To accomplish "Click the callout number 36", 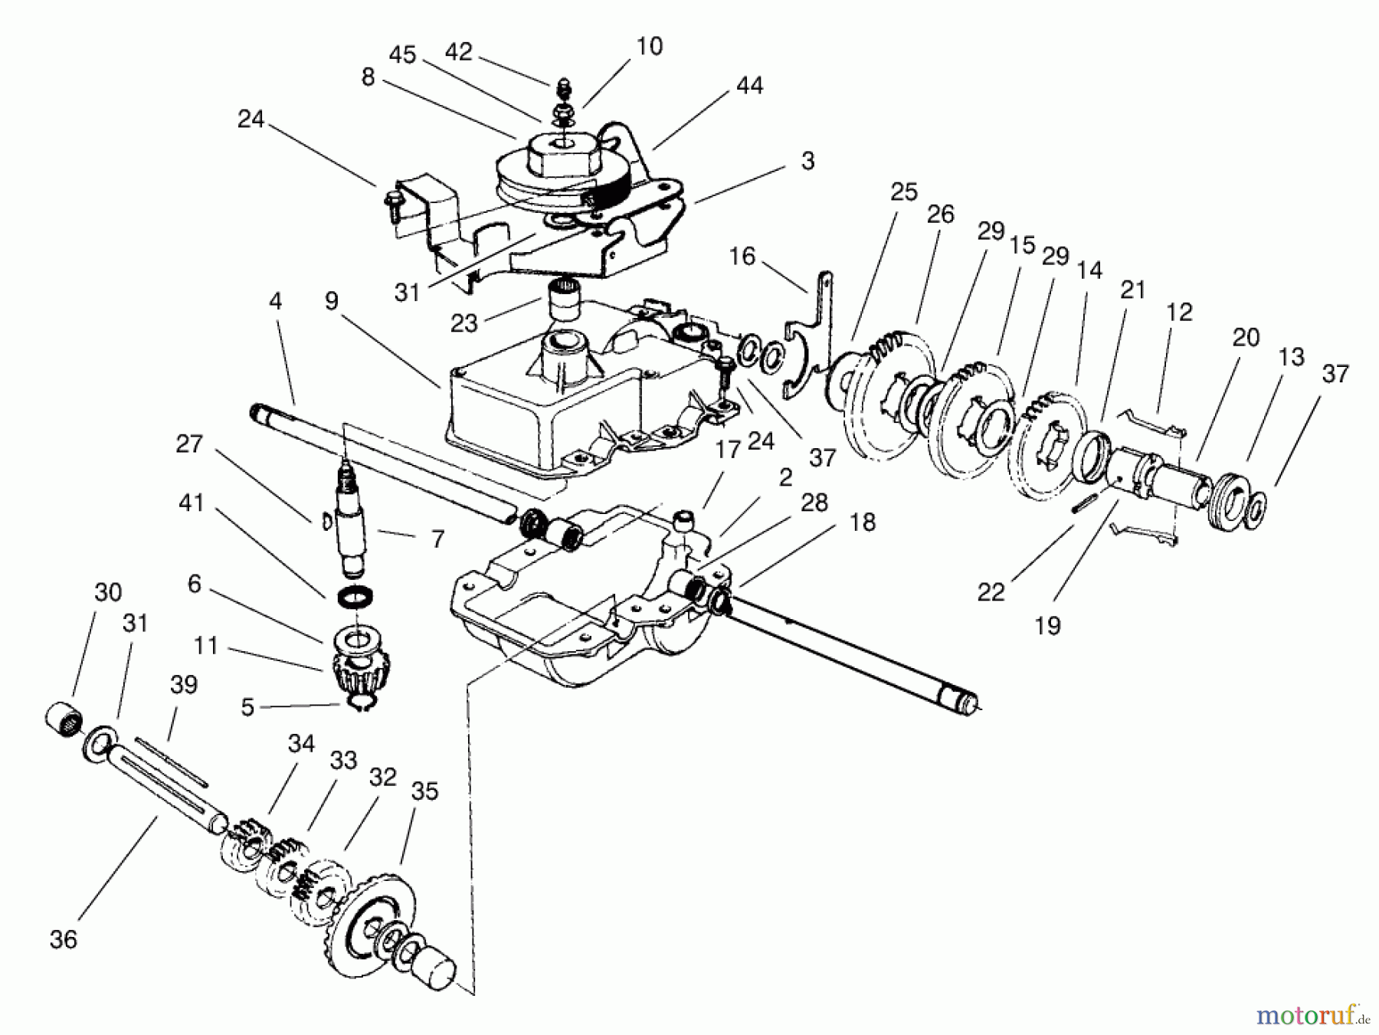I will (64, 939).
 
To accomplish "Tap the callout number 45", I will (402, 54).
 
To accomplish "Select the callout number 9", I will (331, 300).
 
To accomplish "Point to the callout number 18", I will (863, 522).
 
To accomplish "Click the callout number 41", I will (191, 503).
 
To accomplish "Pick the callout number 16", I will (742, 256).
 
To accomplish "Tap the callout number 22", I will (991, 591).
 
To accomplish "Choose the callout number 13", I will (1292, 356).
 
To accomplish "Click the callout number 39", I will (184, 684).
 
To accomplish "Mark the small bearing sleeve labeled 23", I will (564, 302).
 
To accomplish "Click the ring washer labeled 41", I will (356, 596).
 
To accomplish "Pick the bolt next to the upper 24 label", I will (393, 201).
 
